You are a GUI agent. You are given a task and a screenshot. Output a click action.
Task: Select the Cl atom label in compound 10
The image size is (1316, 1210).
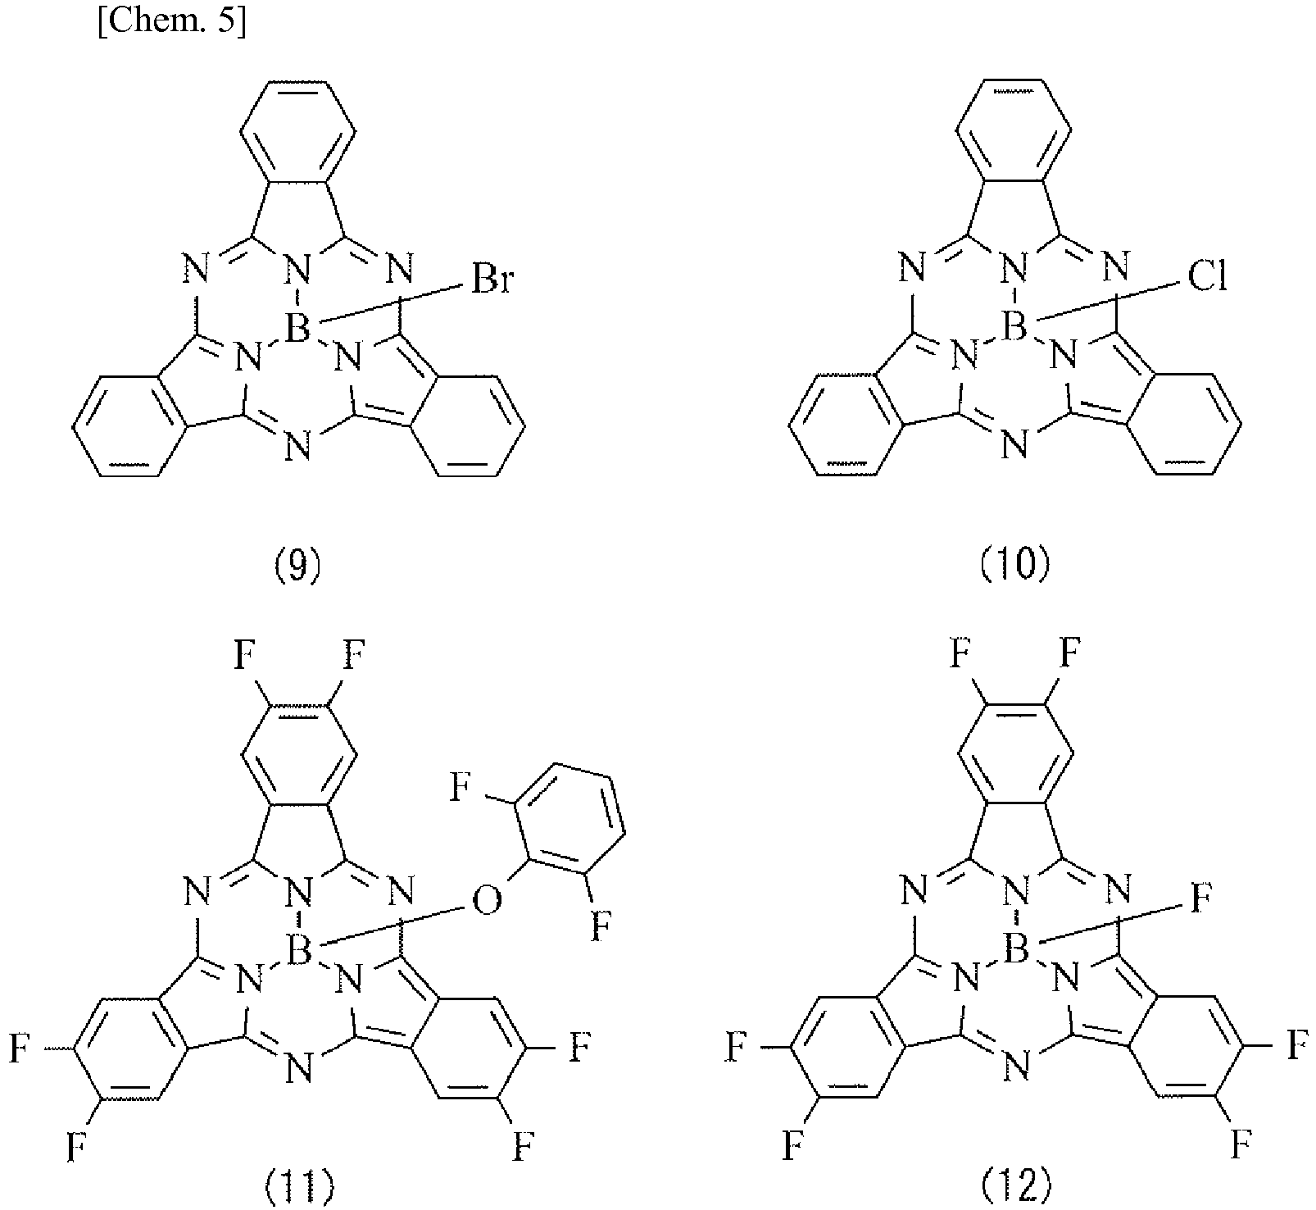(1206, 279)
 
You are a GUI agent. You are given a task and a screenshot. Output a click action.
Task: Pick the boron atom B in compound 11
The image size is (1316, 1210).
(297, 951)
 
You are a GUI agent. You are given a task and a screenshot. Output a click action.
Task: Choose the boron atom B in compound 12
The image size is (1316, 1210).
(1015, 951)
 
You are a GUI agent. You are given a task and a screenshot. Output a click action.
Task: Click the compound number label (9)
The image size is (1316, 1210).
(297, 566)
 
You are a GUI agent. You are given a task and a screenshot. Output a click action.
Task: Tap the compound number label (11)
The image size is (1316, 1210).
(297, 1185)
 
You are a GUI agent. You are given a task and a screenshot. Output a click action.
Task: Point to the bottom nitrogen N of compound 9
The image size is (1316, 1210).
(297, 448)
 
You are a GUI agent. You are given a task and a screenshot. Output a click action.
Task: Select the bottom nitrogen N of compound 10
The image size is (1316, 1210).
(1015, 448)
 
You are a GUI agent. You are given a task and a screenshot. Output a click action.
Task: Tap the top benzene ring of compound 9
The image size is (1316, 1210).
(297, 131)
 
